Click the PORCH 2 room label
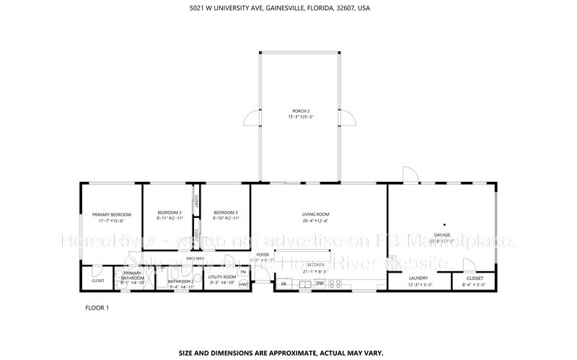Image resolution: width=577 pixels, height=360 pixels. tap(301, 110)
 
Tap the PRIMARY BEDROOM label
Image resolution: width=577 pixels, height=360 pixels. tap(111, 214)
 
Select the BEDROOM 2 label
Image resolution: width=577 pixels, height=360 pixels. tap(169, 212)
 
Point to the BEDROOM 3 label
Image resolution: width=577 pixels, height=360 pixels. tap(226, 212)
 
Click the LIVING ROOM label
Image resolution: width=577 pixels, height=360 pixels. tap(315, 214)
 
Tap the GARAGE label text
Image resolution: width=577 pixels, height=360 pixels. tap(441, 234)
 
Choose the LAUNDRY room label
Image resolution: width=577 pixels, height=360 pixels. tap(418, 278)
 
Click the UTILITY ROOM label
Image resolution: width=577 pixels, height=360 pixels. tap(222, 277)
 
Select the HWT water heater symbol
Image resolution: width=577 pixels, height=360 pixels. tap(244, 284)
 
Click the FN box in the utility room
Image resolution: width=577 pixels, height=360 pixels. tap(244, 271)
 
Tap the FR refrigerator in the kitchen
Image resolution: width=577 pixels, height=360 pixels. tap(283, 284)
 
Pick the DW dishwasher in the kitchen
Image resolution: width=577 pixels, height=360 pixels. tap(319, 284)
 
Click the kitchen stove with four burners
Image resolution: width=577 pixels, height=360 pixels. tap(335, 284)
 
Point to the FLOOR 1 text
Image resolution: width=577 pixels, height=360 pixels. tap(97, 308)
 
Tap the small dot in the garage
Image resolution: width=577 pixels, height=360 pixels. tap(445, 224)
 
